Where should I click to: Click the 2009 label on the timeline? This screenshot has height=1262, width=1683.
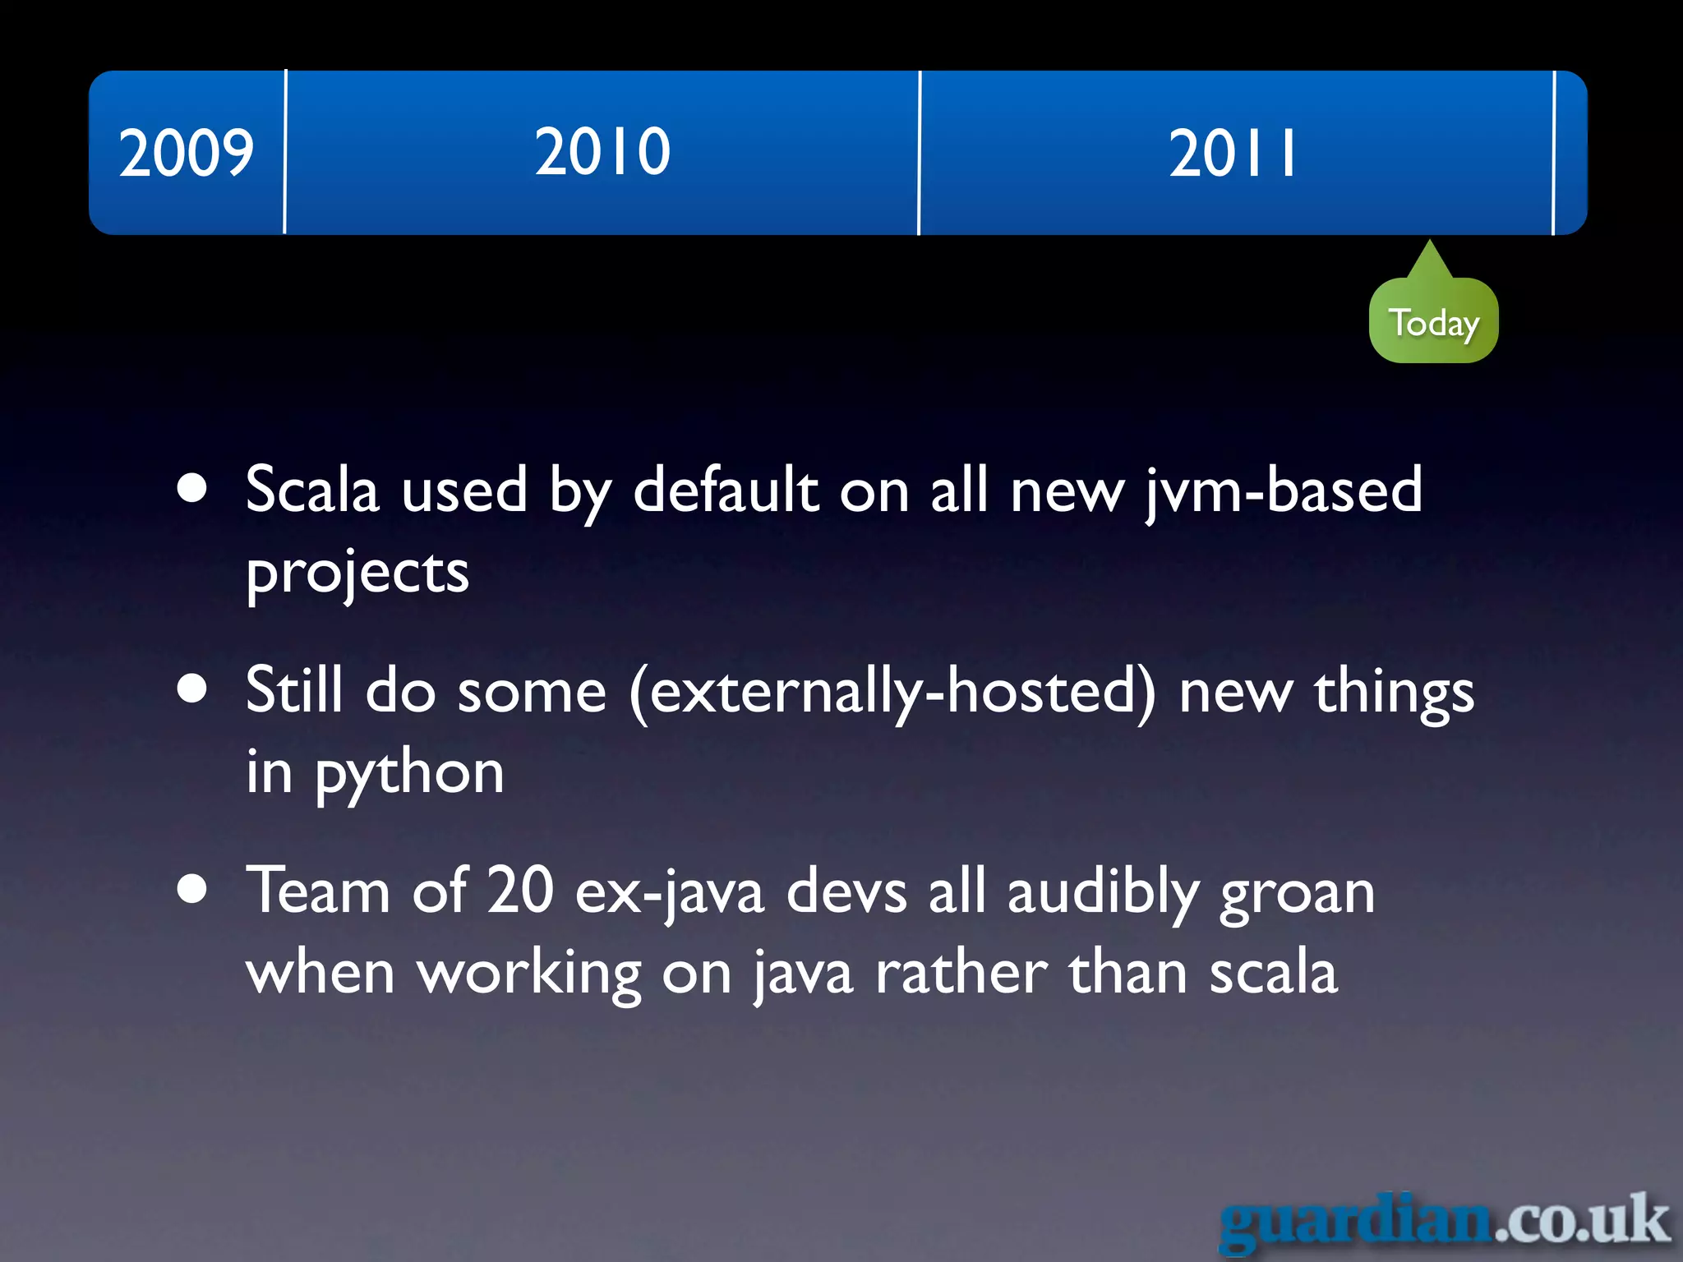(x=187, y=153)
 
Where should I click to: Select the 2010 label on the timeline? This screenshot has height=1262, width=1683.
(x=602, y=151)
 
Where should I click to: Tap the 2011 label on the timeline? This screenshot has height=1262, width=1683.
(x=1233, y=153)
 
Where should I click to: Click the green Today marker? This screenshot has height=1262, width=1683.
(x=1433, y=321)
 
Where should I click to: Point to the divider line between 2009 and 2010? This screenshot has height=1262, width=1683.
(x=285, y=153)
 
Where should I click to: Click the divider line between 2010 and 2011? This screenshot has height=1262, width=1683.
(x=920, y=153)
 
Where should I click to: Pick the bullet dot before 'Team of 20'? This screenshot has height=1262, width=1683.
(x=192, y=889)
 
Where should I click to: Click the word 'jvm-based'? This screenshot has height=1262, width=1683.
(x=1283, y=491)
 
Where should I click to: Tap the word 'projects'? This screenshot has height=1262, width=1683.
(x=357, y=573)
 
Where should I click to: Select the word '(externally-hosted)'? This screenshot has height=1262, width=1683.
(x=892, y=692)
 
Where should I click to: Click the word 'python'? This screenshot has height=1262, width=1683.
(x=409, y=774)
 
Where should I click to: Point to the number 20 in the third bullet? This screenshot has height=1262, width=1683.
(x=520, y=891)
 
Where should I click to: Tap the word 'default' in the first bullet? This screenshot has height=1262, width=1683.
(x=726, y=490)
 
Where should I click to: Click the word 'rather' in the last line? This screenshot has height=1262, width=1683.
(x=961, y=974)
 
